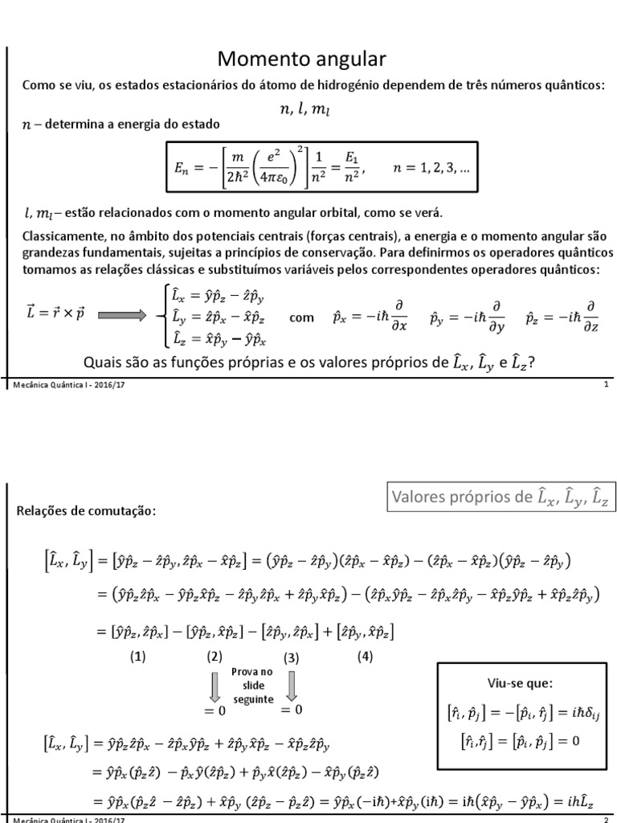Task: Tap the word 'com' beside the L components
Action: (301, 317)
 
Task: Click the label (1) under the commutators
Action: (138, 656)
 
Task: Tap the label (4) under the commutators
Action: (366, 656)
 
